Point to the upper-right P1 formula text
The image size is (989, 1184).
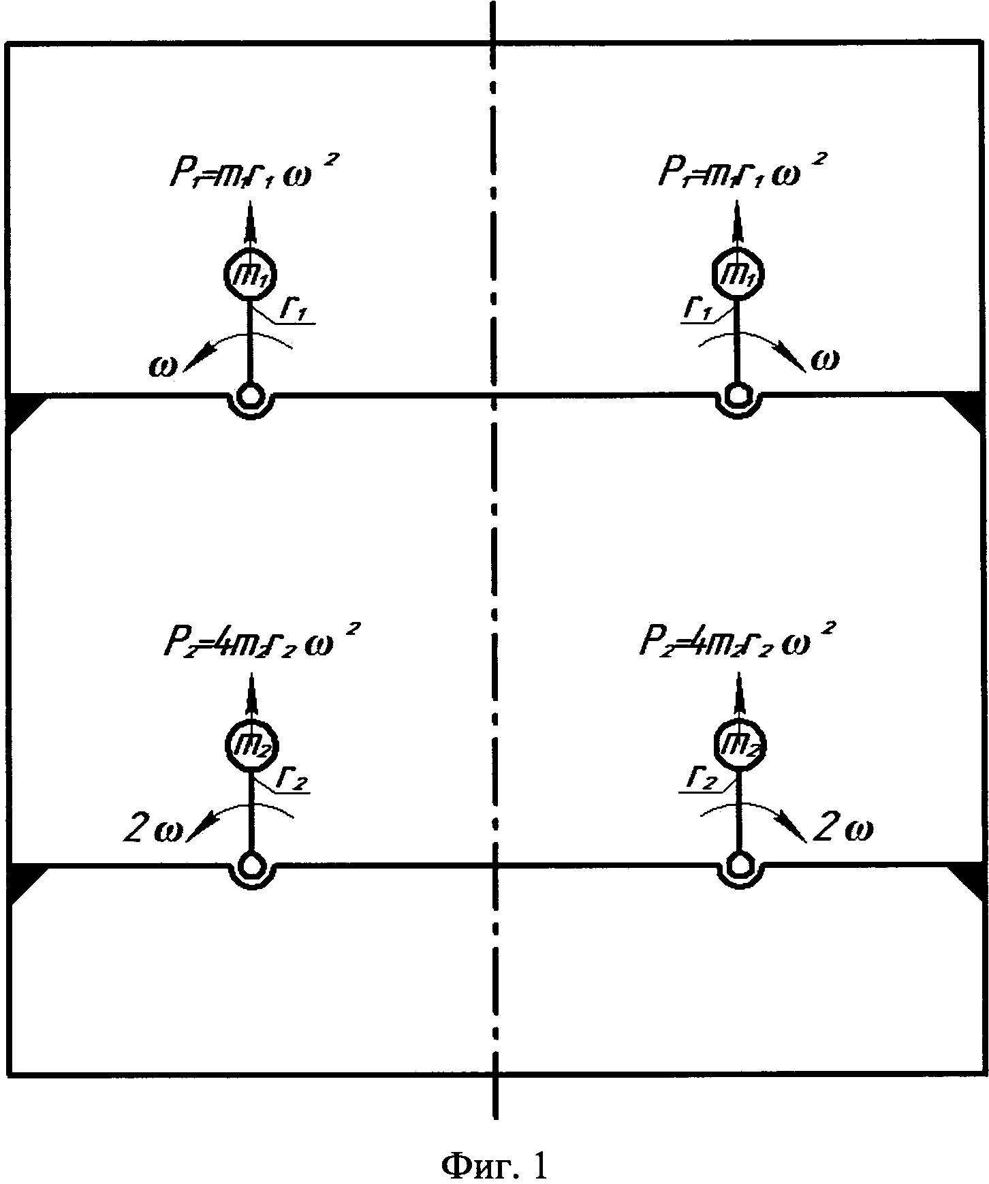point(734,171)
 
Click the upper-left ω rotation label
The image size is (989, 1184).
point(163,367)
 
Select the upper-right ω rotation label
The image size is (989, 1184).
point(826,359)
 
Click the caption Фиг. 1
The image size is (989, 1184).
point(494,1149)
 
